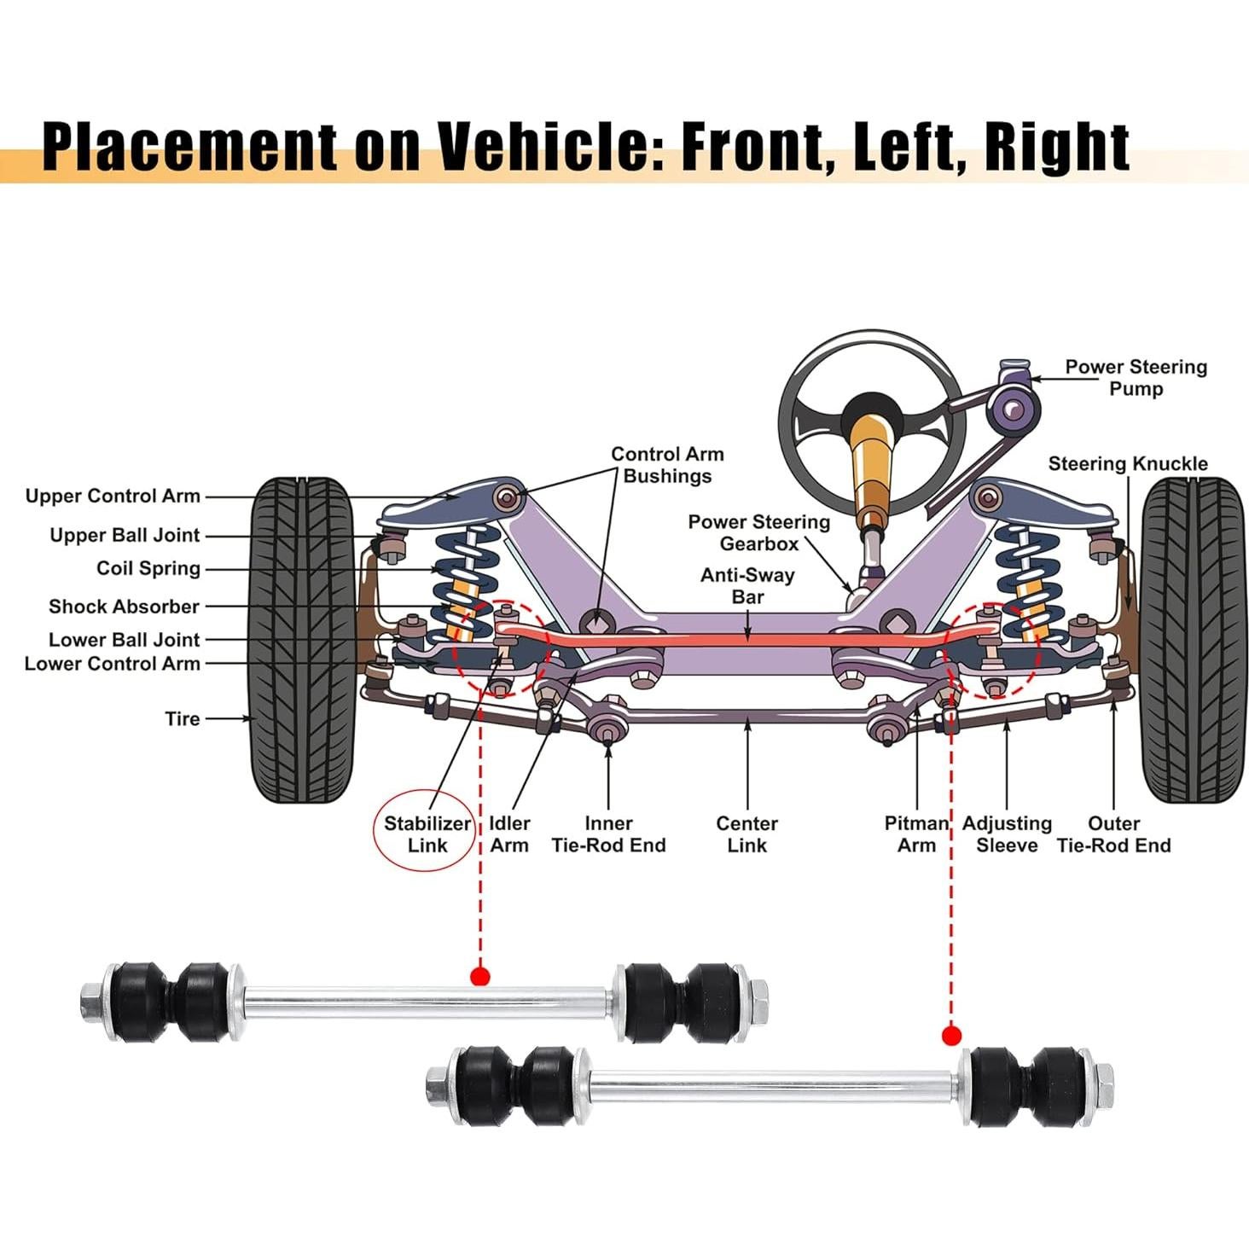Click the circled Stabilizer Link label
point(427,834)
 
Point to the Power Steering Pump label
point(1136,377)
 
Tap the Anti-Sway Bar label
point(747,585)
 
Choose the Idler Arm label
point(509,834)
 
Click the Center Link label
point(746,834)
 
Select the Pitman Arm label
point(916,834)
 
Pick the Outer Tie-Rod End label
point(1113,834)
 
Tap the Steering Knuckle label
point(1127,463)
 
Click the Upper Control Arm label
point(113,496)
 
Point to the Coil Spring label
point(148,568)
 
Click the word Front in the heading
point(758,146)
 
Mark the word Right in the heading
point(1057,146)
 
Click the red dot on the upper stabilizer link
point(480,976)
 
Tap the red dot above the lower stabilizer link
point(951,1036)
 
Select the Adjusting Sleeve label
point(1007,834)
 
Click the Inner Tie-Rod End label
point(608,834)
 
